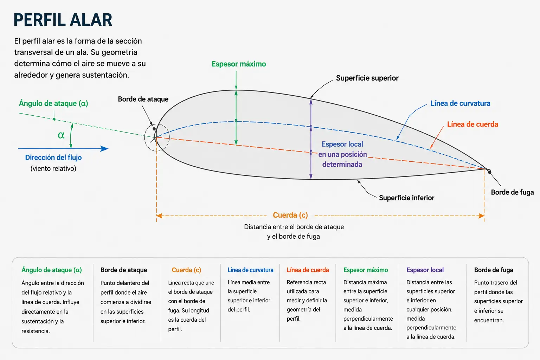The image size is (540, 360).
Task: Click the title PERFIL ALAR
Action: [x=63, y=20]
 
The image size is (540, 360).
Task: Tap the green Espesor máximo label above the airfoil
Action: [x=239, y=64]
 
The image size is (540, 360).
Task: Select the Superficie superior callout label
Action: [x=367, y=78]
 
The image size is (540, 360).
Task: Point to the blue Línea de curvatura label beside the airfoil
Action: [x=460, y=103]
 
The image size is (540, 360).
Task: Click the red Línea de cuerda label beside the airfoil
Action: [x=472, y=124]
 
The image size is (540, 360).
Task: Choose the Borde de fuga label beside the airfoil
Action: [x=512, y=192]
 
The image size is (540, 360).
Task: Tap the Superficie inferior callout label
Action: [x=406, y=198]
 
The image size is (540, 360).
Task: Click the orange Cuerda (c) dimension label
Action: [x=290, y=215]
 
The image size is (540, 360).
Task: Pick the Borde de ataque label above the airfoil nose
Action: [x=143, y=99]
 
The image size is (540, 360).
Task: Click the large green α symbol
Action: [x=61, y=135]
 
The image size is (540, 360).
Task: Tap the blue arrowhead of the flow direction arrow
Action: [x=104, y=148]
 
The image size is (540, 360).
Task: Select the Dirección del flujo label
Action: [x=53, y=157]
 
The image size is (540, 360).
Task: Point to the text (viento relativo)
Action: [x=53, y=168]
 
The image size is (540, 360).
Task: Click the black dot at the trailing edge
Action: [x=490, y=172]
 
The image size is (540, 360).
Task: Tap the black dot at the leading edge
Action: [x=154, y=129]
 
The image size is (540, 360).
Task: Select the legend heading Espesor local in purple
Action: [x=425, y=270]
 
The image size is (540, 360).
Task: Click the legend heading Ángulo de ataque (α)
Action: [x=52, y=270]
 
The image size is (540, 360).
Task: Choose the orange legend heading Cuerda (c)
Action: [x=186, y=270]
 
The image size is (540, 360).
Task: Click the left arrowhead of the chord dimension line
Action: [x=159, y=216]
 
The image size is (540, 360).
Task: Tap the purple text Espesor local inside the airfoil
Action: [x=342, y=144]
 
